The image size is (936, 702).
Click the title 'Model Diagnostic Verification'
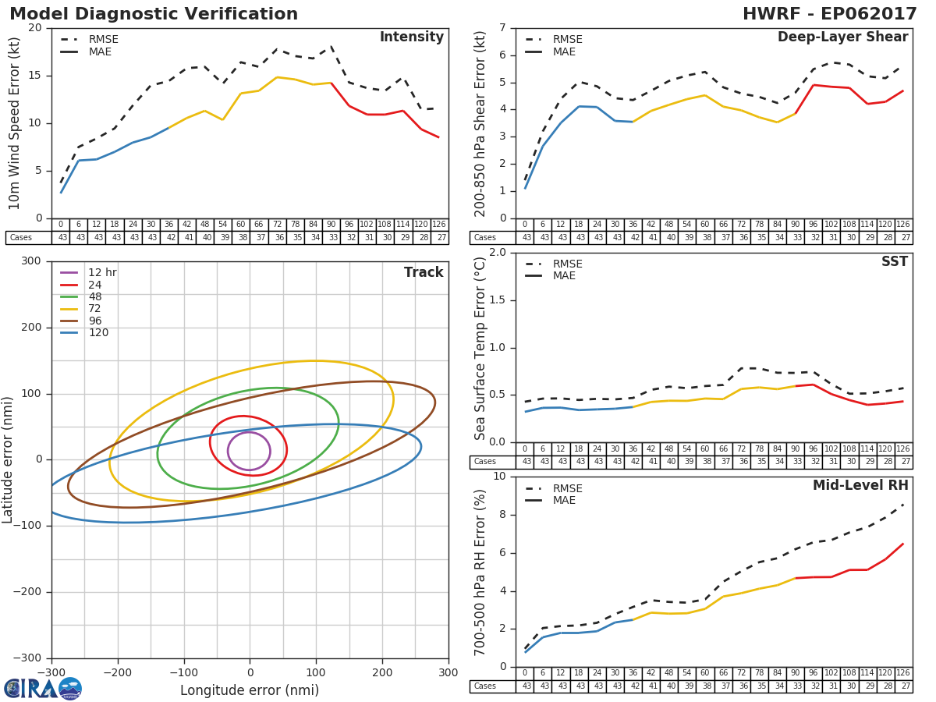[154, 14]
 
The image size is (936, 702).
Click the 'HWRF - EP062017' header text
[829, 14]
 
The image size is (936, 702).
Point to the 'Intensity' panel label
[411, 37]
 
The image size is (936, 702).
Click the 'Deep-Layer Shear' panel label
[842, 37]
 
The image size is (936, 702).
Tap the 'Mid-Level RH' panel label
[860, 486]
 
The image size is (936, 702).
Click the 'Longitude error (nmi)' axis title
[250, 690]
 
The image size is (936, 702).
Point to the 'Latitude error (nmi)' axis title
[9, 459]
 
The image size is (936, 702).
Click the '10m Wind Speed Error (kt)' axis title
[15, 122]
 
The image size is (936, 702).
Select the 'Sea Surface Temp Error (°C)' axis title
[480, 347]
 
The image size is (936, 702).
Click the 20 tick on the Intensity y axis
[35, 27]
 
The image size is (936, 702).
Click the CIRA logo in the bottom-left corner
[42, 688]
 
